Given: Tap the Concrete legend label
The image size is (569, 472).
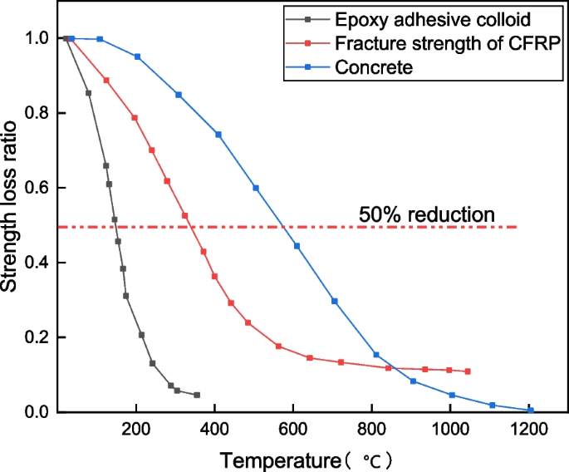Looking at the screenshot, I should (x=373, y=68).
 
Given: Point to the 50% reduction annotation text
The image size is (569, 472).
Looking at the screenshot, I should (x=427, y=214).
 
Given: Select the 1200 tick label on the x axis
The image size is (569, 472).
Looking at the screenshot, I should (x=528, y=430).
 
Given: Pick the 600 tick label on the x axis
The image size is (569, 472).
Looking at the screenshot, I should (x=293, y=430).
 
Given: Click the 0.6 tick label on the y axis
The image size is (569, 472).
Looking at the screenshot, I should (x=35, y=188).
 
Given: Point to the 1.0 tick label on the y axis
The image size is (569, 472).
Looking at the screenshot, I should (x=35, y=38).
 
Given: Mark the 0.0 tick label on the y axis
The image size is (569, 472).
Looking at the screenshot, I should (x=35, y=412).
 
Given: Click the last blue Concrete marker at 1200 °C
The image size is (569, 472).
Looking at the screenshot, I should (x=530, y=411).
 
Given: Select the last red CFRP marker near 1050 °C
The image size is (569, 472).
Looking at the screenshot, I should (x=468, y=371).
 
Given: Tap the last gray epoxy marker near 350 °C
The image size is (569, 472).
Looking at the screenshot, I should (x=197, y=395).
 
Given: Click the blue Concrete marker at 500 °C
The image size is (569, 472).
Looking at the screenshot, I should (x=256, y=188).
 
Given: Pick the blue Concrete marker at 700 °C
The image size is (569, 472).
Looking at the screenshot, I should (x=335, y=301).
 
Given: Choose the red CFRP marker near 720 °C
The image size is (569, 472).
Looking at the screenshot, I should (x=341, y=362).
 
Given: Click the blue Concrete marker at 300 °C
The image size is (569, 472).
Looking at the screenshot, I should (x=178, y=95).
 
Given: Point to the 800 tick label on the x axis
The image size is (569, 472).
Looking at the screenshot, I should (x=371, y=430).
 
